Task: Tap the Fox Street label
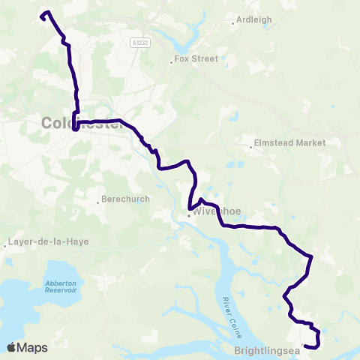(x=196, y=58)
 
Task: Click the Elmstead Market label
(x=301, y=142)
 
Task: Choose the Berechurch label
(x=126, y=199)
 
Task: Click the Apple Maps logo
(x=27, y=347)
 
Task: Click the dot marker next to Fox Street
(x=171, y=62)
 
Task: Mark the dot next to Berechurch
(x=99, y=200)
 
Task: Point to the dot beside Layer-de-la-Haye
(x=5, y=244)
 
